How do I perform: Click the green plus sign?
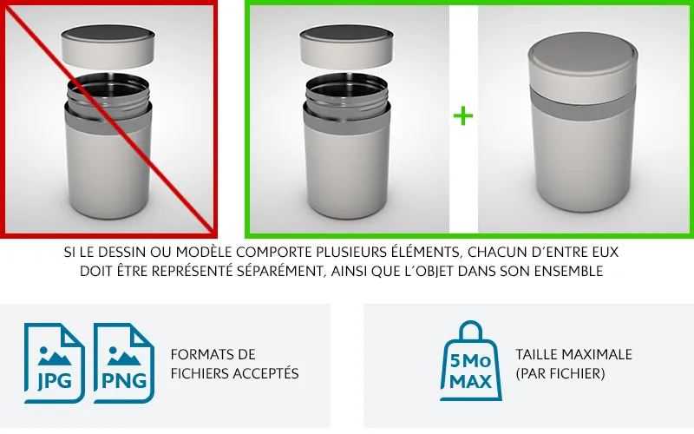[463, 116]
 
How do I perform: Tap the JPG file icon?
[54, 363]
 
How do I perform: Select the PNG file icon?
[124, 363]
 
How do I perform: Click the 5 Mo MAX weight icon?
[471, 361]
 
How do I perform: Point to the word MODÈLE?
[204, 252]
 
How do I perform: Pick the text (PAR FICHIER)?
[560, 373]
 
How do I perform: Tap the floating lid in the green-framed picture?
[346, 47]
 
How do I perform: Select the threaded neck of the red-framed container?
[108, 95]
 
